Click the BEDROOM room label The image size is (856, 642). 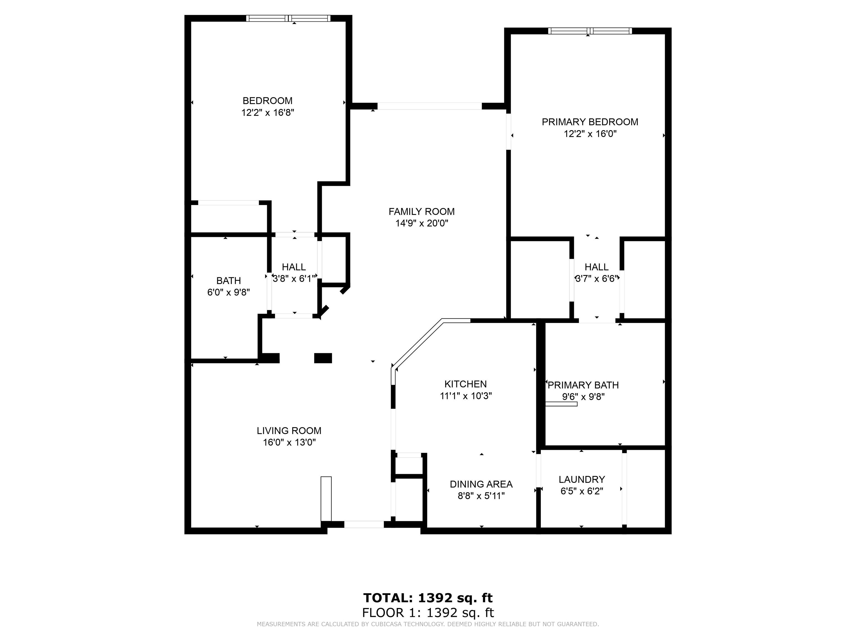point(267,101)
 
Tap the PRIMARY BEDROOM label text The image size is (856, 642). point(590,122)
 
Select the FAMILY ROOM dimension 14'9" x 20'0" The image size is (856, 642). point(421,223)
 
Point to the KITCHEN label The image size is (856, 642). point(466,384)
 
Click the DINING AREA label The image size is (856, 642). point(481,484)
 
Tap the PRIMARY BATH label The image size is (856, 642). point(583,385)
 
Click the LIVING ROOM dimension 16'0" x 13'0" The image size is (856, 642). point(290,442)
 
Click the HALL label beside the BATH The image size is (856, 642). point(294,267)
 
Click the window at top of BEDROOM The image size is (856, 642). point(288,18)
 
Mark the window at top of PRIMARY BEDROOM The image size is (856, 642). point(590,31)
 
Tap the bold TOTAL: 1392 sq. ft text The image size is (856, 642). point(428,598)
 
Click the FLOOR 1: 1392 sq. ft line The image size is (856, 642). point(428,612)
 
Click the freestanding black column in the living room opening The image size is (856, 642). point(323,358)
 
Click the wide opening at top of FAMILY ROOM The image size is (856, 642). point(430,106)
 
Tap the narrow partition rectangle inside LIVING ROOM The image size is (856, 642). point(326,499)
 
